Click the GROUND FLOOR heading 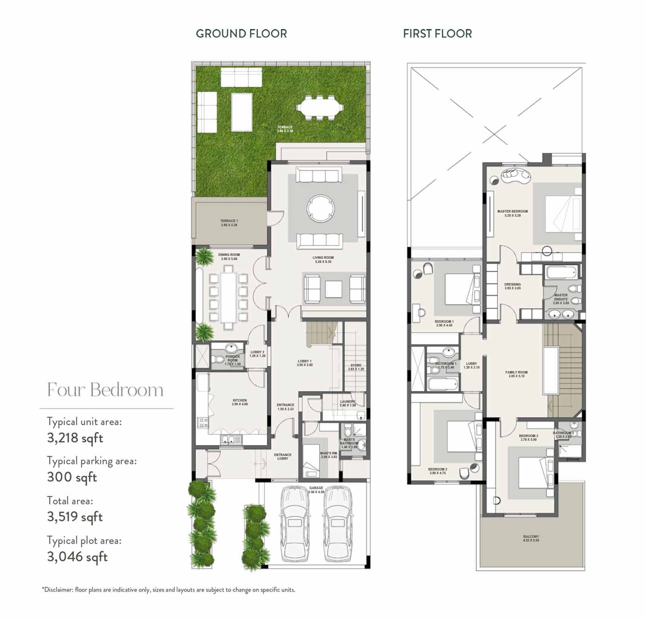[x=241, y=33]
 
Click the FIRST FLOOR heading [x=437, y=33]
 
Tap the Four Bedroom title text [x=105, y=390]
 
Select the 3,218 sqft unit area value [x=75, y=438]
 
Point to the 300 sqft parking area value [x=72, y=477]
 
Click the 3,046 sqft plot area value [x=77, y=557]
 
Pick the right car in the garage [x=337, y=523]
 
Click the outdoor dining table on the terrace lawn [x=320, y=107]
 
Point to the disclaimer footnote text [x=169, y=590]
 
